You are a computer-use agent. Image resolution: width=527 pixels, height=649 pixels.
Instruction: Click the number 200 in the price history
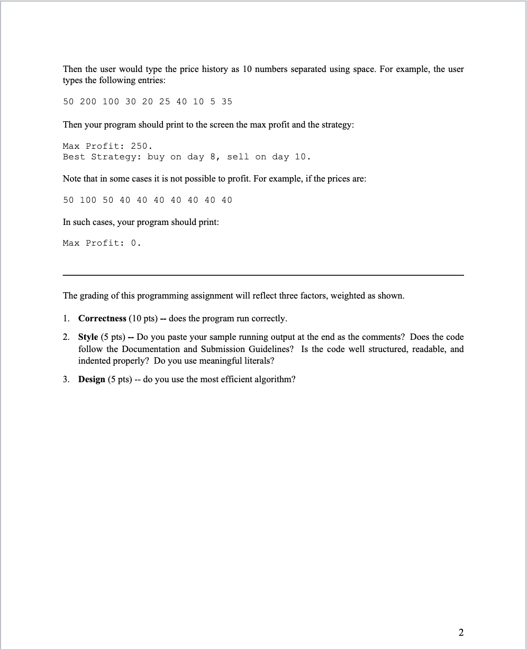point(88,101)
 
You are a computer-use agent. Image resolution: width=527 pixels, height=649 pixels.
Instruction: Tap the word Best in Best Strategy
point(74,157)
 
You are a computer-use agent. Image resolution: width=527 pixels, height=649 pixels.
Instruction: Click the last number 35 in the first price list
point(226,101)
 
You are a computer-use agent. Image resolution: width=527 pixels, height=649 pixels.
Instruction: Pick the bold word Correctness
point(102,318)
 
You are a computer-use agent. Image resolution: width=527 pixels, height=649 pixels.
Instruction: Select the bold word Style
point(88,337)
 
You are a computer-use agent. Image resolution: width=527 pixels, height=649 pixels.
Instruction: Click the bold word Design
point(92,380)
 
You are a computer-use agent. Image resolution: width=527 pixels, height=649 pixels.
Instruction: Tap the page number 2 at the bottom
point(460,632)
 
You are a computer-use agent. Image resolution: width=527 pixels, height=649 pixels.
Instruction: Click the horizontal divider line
point(263,275)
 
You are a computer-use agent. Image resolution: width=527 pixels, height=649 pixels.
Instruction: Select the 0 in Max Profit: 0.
point(134,243)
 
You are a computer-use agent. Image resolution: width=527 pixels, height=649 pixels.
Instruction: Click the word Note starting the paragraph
point(72,178)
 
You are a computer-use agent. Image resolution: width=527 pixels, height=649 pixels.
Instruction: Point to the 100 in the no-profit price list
point(88,200)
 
